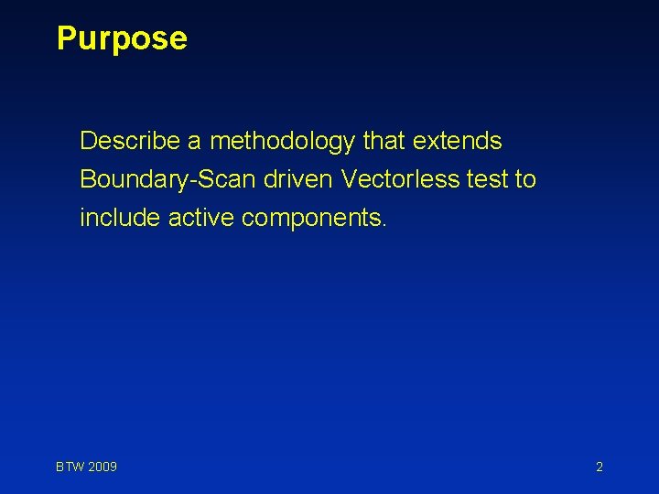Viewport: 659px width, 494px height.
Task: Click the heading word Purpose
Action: (122, 38)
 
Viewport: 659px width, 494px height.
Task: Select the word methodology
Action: (283, 142)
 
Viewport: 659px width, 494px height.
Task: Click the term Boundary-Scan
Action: (168, 179)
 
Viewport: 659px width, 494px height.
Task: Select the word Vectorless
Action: (400, 179)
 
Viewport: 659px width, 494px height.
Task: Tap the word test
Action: (487, 179)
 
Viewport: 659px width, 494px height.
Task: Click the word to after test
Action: (525, 179)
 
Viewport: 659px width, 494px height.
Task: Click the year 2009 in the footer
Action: (103, 467)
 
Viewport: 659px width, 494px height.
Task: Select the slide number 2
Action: (600, 467)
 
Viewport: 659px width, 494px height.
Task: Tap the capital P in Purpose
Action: (66, 38)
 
